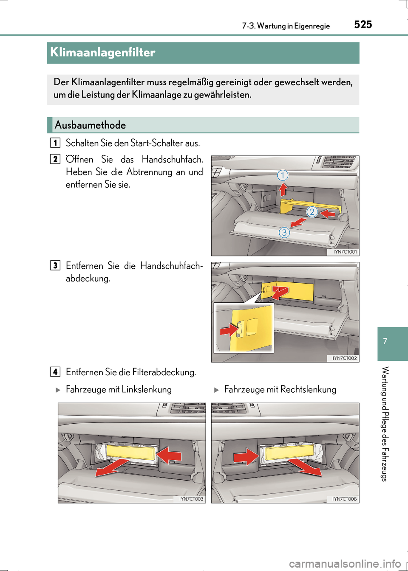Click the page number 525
[x=363, y=25]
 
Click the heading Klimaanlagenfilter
[x=103, y=53]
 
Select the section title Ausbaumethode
[x=90, y=125]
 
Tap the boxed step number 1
[x=55, y=143]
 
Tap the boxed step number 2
[x=55, y=159]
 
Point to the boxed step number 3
[x=55, y=265]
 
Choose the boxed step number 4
[x=55, y=372]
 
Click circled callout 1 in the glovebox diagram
[x=283, y=175]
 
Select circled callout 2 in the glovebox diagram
[x=312, y=211]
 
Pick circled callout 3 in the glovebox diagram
[x=284, y=232]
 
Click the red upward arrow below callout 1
[x=283, y=189]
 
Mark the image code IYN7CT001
[x=345, y=252]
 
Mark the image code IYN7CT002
[x=345, y=358]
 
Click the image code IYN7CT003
[x=191, y=499]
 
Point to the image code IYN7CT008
[x=345, y=499]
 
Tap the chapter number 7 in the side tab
[x=385, y=341]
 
